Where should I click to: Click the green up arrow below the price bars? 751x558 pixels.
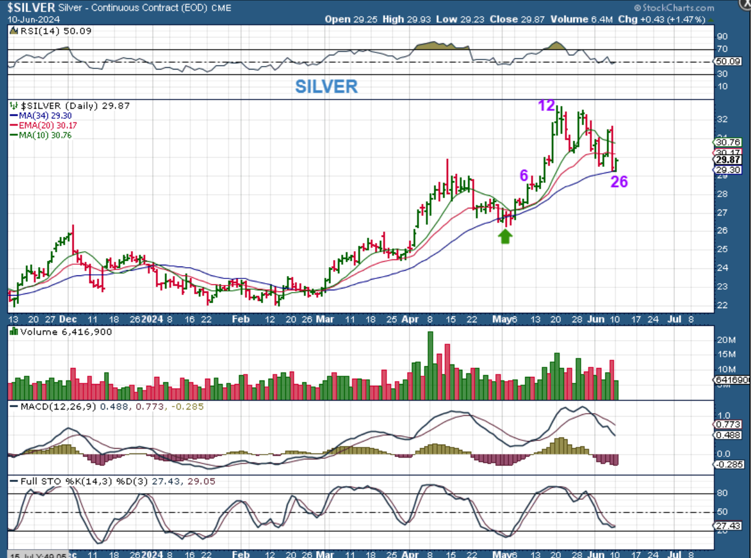point(505,236)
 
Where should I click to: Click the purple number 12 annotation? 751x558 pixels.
point(547,106)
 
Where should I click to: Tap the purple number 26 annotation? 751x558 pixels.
point(619,182)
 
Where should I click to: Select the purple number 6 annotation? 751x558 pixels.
point(524,175)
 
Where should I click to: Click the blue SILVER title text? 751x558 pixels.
point(326,87)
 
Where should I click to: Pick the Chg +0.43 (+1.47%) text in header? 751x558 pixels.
point(670,19)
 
